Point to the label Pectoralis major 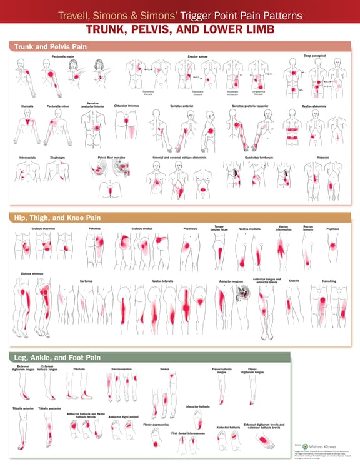point(63,56)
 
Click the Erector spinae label point(197,56)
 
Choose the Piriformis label point(94,228)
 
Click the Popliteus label point(332,228)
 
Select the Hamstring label point(329,281)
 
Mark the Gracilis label point(294,280)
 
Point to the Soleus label point(165,369)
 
